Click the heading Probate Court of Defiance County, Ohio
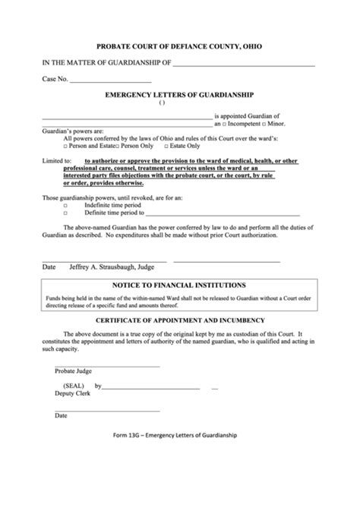[179, 46]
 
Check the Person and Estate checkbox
[66, 145]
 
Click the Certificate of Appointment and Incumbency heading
[179, 322]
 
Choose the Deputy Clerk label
[71, 395]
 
